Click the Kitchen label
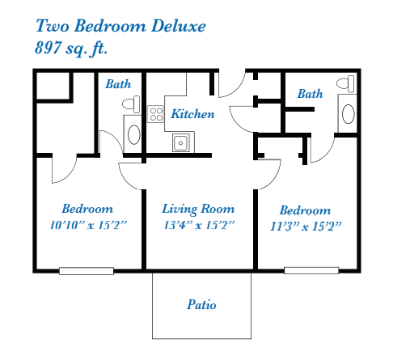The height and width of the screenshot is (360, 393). click(192, 114)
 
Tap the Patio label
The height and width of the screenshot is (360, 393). click(201, 304)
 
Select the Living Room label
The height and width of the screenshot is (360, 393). click(198, 209)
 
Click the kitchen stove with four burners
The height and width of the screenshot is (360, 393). click(155, 114)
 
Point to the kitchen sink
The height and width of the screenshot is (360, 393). click(181, 142)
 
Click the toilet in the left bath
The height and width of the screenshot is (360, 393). click(131, 104)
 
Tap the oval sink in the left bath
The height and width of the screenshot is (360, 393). click(133, 134)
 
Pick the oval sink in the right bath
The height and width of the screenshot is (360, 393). click(349, 114)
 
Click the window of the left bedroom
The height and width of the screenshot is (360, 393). click(87, 271)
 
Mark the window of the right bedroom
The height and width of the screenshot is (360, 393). click(311, 270)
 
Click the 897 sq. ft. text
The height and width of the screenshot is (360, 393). click(71, 48)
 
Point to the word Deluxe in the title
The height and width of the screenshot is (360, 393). click(179, 26)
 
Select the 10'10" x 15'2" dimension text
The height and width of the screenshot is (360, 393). click(88, 225)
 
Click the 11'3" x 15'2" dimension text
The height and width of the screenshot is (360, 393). click(306, 227)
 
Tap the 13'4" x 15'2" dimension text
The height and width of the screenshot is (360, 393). click(199, 225)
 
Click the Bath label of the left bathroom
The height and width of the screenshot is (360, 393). click(118, 84)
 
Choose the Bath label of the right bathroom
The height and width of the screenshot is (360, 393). click(311, 94)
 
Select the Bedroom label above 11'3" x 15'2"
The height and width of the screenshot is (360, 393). click(306, 210)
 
